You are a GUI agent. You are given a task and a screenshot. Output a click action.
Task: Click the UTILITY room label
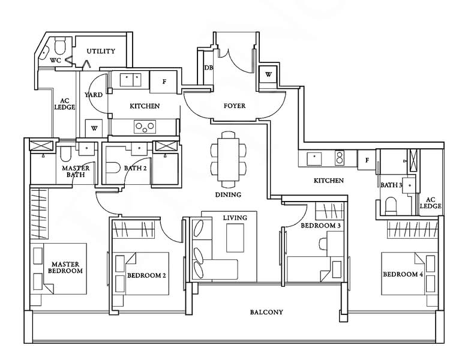point(101,51)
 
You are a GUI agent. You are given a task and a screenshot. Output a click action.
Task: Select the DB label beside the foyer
point(209,68)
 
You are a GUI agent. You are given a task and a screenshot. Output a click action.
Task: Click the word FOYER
point(234,106)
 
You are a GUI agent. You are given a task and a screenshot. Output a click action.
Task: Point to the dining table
point(228,160)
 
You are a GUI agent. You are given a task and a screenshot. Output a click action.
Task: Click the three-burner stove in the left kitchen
point(145,127)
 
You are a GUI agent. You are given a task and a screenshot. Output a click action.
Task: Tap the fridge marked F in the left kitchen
point(164,82)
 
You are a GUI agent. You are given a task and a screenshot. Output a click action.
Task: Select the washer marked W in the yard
point(94,128)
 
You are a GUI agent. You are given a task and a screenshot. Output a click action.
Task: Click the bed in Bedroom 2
point(147,273)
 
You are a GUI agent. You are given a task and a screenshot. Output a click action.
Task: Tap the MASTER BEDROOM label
point(65,268)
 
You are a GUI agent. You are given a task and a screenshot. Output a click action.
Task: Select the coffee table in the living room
point(235,238)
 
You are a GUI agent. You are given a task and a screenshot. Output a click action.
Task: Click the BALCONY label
point(266,312)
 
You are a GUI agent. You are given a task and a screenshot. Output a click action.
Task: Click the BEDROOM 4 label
point(403,274)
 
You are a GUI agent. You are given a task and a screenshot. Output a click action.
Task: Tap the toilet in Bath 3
point(392,206)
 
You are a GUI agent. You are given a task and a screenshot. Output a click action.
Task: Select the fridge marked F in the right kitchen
point(367,160)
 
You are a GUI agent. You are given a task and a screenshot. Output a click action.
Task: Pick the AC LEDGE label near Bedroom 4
point(430,203)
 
